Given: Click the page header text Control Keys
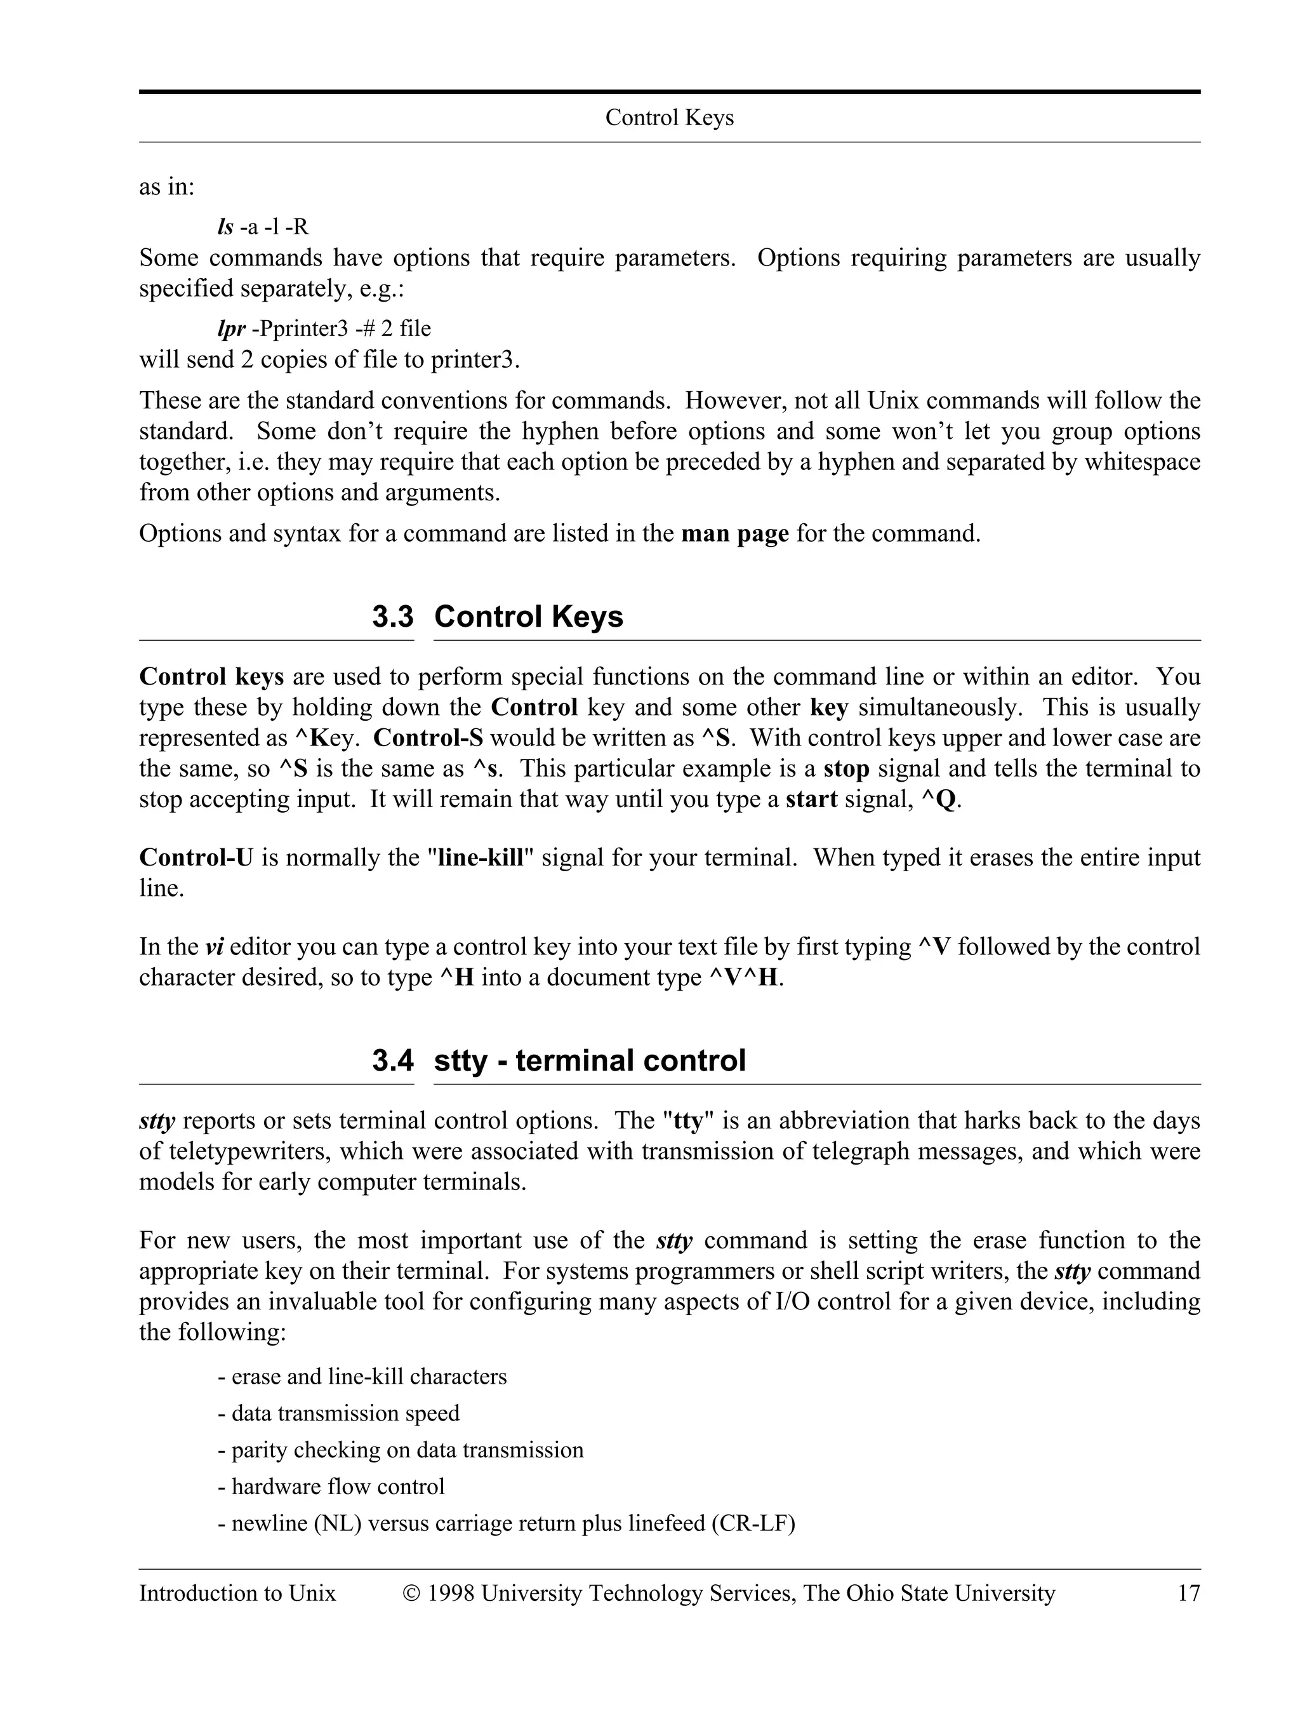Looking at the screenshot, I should (x=669, y=117).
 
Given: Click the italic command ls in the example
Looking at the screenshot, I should (x=225, y=227).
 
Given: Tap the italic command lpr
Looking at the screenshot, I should (x=231, y=329).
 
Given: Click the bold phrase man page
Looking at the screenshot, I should (x=734, y=533).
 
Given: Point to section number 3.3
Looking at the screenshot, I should (x=393, y=617).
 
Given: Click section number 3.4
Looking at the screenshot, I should (x=393, y=1060).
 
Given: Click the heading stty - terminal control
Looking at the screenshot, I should (x=589, y=1060).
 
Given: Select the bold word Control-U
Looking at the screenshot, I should (x=196, y=858).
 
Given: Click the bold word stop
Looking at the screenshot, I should (x=846, y=769).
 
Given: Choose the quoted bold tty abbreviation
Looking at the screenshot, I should (x=688, y=1121).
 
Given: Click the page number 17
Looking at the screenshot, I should (x=1188, y=1594).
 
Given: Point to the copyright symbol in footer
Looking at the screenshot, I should (x=411, y=1594).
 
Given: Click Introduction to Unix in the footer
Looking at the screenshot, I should (x=237, y=1594).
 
